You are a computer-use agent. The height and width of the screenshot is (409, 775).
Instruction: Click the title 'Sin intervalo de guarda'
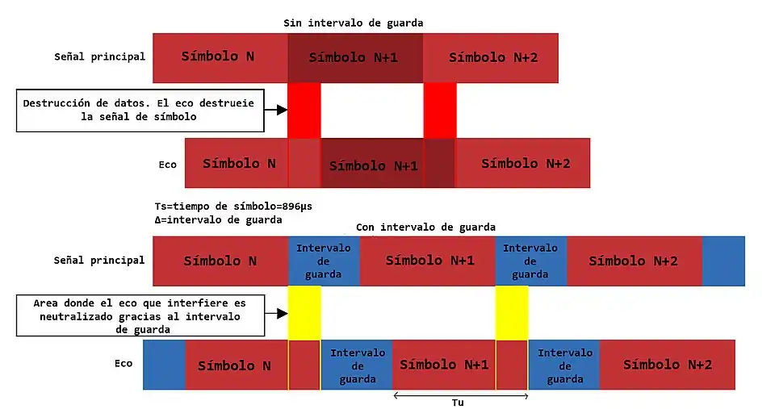tap(353, 23)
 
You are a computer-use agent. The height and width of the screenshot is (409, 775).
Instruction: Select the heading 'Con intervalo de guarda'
tap(425, 227)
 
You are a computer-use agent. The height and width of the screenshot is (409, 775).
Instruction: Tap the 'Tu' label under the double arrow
tap(458, 402)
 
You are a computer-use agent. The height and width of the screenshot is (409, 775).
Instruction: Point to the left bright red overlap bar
tap(304, 110)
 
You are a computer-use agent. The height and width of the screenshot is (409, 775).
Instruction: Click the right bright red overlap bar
tap(440, 110)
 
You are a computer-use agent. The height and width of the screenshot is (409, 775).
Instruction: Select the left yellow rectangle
tap(304, 313)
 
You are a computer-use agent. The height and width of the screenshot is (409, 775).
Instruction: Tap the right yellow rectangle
tap(512, 313)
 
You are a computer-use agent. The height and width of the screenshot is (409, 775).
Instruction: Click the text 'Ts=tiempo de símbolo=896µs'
tap(232, 206)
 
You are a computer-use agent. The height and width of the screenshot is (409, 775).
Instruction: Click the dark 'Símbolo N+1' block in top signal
tap(355, 57)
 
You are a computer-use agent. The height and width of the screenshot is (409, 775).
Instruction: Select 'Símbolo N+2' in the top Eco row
tap(526, 163)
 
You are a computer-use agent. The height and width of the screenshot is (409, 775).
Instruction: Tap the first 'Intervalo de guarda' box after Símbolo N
tap(324, 261)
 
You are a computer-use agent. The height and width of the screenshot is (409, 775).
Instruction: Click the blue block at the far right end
tap(723, 261)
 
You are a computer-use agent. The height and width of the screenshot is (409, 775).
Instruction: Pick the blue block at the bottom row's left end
tap(164, 365)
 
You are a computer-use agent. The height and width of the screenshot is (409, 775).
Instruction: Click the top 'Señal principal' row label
tap(99, 56)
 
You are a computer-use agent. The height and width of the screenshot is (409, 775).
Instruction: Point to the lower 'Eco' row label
tap(123, 364)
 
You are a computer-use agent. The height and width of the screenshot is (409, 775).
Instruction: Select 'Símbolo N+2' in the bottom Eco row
tap(668, 365)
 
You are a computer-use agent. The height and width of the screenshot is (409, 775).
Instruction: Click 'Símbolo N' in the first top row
tap(218, 56)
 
